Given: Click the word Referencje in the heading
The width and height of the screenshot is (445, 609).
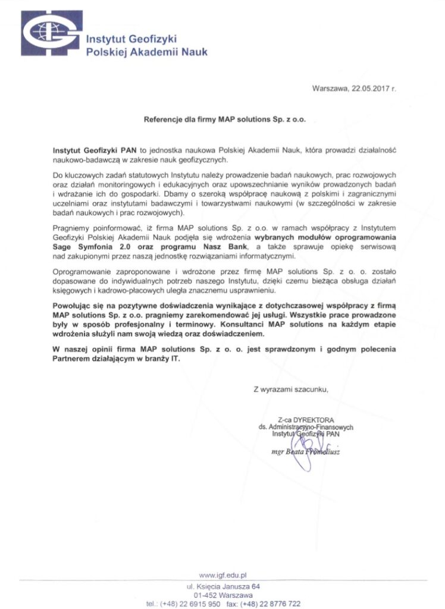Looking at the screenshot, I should (x=164, y=119).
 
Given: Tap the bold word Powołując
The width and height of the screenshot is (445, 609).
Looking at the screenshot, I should (x=73, y=305).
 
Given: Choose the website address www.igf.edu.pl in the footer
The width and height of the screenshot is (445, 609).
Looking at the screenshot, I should (x=223, y=575).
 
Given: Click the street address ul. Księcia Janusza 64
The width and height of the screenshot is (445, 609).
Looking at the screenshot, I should (x=223, y=586).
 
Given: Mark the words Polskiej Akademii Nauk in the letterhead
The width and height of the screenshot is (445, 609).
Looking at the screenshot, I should (x=147, y=52).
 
